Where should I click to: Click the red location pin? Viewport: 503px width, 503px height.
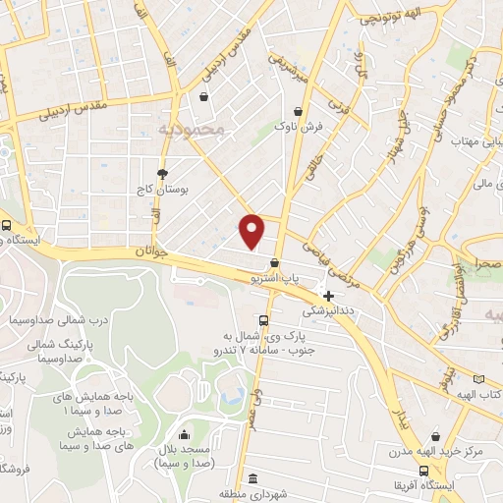point(252,229)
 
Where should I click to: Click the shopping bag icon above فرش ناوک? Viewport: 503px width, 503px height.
point(296,112)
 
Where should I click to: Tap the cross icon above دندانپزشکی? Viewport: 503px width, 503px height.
point(328,295)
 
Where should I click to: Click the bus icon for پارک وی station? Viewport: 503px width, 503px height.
point(262,320)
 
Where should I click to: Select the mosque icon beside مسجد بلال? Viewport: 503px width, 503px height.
point(183,434)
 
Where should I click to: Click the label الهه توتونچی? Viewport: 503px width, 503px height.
point(394,16)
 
